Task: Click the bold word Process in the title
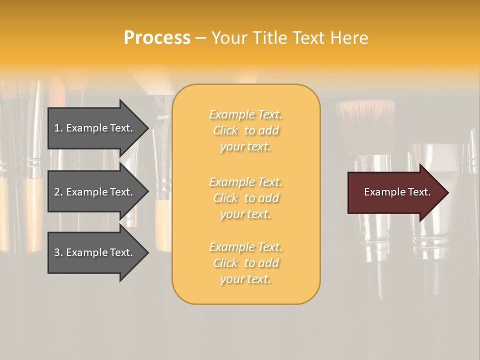pos(157,38)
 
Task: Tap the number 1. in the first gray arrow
pos(58,128)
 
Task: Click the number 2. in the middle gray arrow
pos(58,192)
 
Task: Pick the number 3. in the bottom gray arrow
pos(58,252)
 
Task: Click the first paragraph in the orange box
pos(245,130)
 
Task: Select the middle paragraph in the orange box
pos(245,198)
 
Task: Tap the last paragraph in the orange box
pos(245,263)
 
